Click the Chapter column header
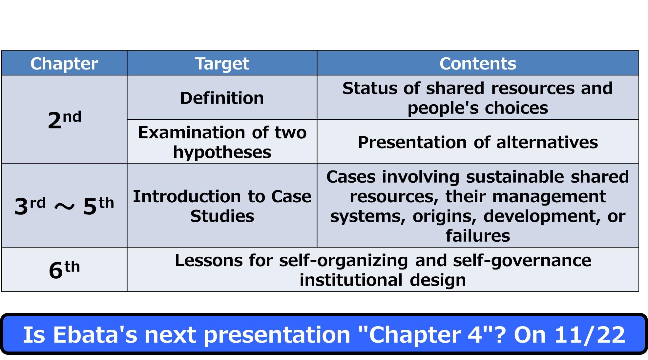click(64, 63)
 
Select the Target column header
click(222, 63)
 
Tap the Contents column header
click(478, 63)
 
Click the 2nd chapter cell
click(64, 119)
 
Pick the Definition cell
click(222, 98)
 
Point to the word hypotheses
click(222, 152)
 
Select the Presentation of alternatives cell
click(478, 142)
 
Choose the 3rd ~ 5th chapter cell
click(64, 206)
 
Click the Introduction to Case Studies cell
click(222, 206)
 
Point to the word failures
click(478, 236)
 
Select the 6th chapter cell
click(64, 270)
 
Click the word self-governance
click(522, 261)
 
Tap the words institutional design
click(383, 280)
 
